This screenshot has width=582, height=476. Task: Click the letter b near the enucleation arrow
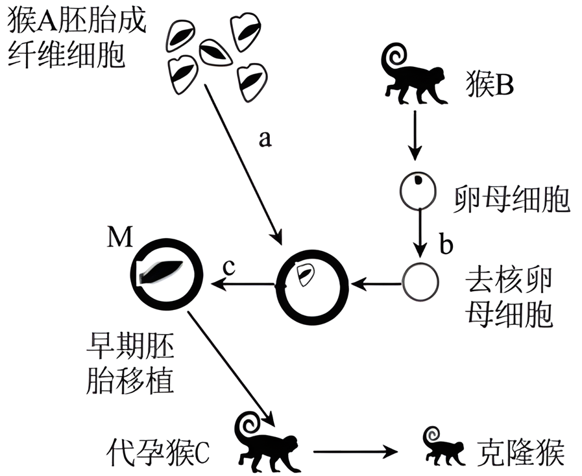(446, 246)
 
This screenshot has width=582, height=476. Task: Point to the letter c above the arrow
(228, 266)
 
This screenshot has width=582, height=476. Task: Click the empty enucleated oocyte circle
(421, 282)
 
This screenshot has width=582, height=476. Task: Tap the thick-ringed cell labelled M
(165, 275)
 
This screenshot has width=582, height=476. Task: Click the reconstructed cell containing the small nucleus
(308, 282)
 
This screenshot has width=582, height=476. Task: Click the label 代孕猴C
(159, 449)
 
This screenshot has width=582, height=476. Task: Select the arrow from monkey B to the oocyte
(415, 136)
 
